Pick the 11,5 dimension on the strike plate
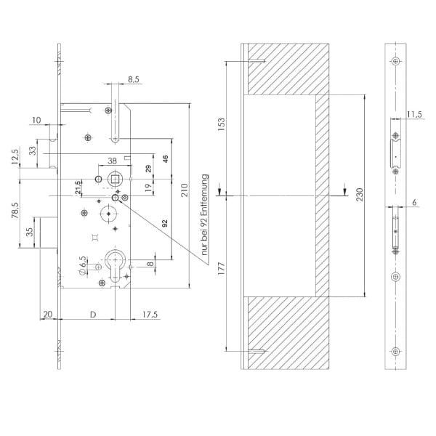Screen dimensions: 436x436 tap(415, 114)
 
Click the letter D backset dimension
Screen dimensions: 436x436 tap(92, 314)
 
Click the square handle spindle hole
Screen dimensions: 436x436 tap(115, 178)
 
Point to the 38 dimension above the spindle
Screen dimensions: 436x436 tap(113, 162)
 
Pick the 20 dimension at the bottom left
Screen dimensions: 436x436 tap(48, 314)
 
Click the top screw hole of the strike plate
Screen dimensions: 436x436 tap(395, 61)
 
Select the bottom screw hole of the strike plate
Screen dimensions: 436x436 tap(395, 352)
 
